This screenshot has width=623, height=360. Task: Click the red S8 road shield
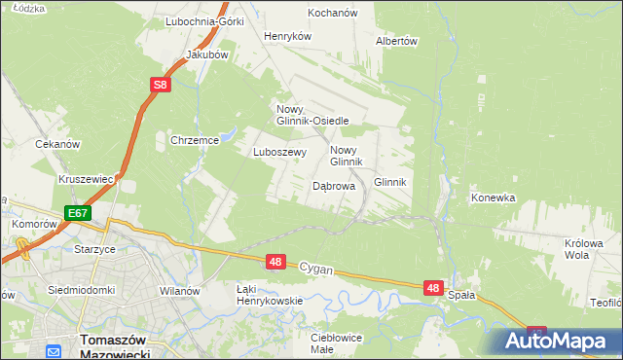(162, 86)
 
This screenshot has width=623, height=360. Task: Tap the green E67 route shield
(78, 212)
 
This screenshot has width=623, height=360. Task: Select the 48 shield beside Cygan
(276, 262)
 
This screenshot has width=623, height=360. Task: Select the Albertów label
(396, 41)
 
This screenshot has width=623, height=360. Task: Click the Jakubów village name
(206, 54)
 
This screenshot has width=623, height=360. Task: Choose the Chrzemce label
(195, 140)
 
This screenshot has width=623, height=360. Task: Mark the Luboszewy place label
(280, 152)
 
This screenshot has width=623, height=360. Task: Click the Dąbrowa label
(333, 185)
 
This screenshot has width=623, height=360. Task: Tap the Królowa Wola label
(584, 250)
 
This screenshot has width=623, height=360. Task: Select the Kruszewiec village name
(87, 180)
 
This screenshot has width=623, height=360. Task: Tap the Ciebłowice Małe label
(336, 343)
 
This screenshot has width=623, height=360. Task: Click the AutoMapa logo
(559, 342)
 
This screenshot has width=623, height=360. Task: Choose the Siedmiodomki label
(83, 290)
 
